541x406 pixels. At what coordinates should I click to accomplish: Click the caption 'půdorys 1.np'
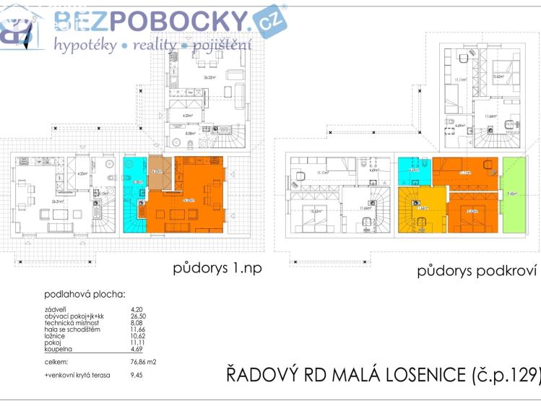217,268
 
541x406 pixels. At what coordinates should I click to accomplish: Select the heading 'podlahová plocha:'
85,294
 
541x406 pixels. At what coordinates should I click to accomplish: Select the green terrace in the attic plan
513,194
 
